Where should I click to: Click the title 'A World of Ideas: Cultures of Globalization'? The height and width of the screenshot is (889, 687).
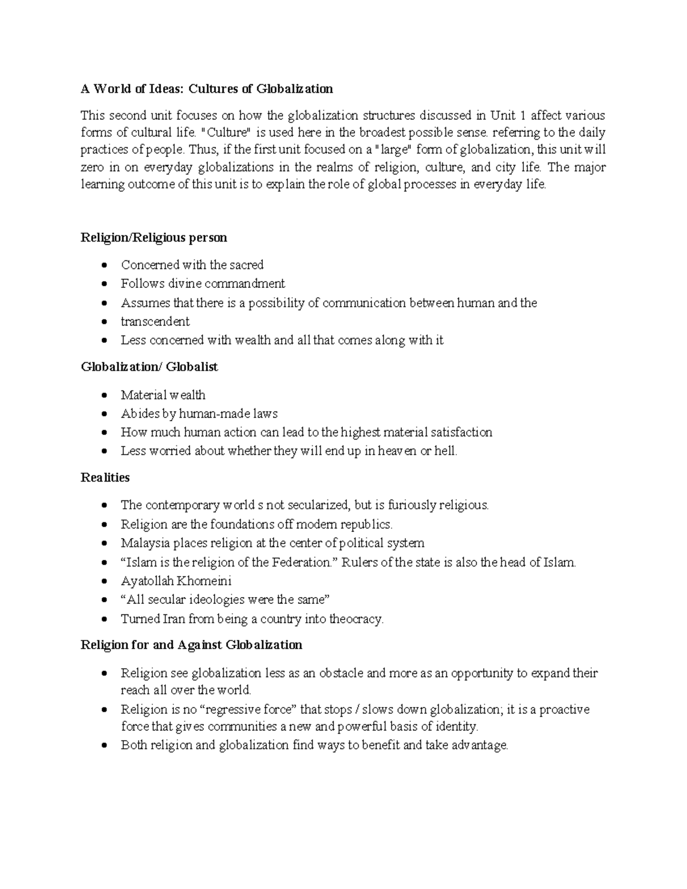[x=207, y=89]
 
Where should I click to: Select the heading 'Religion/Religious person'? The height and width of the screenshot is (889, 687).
[x=154, y=238]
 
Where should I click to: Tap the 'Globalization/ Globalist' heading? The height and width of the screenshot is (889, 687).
[x=149, y=367]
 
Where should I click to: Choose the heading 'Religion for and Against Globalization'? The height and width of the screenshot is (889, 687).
[x=191, y=645]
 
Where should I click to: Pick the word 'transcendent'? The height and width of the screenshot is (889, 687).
[x=155, y=321]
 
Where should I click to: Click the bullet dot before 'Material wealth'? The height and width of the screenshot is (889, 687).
[x=104, y=396]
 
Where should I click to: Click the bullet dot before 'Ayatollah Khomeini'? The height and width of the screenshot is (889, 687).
[x=104, y=582]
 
